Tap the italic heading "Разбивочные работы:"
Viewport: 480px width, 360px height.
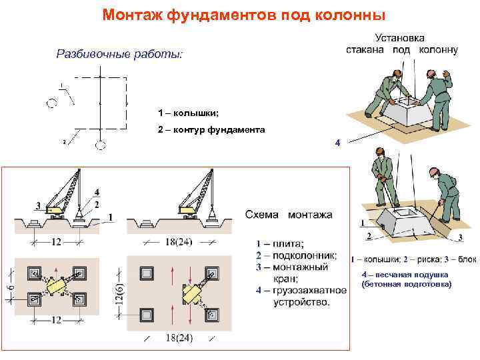click(118, 53)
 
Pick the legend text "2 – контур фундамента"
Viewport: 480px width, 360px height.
click(211, 130)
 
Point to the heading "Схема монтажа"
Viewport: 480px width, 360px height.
click(289, 215)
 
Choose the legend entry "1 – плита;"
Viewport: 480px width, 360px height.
click(281, 243)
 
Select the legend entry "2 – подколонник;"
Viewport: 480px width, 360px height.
click(296, 255)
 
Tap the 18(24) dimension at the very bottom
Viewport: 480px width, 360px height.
click(179, 338)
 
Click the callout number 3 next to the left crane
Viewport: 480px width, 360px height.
click(37, 205)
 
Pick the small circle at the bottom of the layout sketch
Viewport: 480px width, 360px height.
click(100, 145)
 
